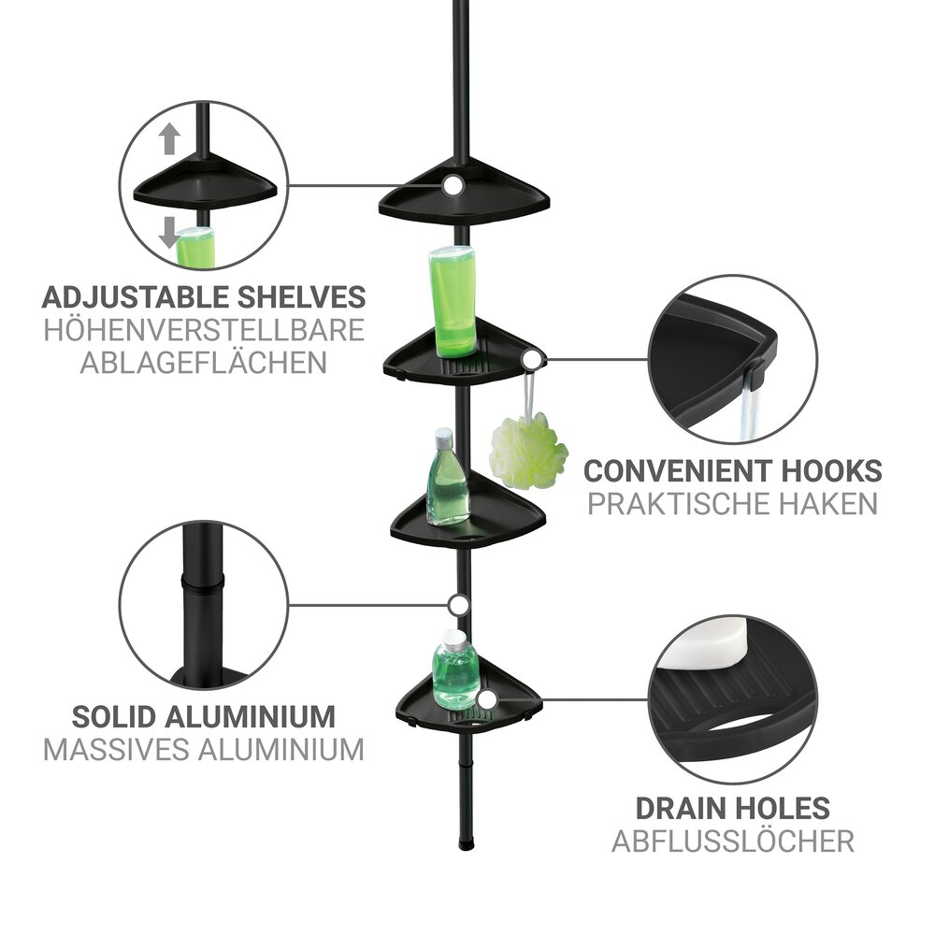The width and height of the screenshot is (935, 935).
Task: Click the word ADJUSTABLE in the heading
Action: pyautogui.click(x=136, y=297)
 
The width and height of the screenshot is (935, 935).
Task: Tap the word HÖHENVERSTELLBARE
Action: pyautogui.click(x=204, y=330)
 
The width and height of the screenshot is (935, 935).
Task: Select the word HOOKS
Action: pyautogui.click(x=830, y=471)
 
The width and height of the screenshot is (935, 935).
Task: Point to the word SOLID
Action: pyautogui.click(x=113, y=716)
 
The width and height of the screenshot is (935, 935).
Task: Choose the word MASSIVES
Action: pyautogui.click(x=116, y=750)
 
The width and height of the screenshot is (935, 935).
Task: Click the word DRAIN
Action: pyautogui.click(x=680, y=808)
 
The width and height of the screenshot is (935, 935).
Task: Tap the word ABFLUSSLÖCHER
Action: pyautogui.click(x=733, y=841)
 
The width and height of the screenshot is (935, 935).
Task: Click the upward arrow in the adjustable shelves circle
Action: pyautogui.click(x=169, y=138)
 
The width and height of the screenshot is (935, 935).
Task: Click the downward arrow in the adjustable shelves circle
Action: pyautogui.click(x=169, y=233)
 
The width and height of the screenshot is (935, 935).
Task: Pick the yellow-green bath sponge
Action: pyautogui.click(x=527, y=451)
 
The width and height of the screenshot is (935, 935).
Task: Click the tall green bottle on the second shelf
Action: pyautogui.click(x=453, y=302)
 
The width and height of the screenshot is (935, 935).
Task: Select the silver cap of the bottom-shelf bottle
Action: pyautogui.click(x=454, y=640)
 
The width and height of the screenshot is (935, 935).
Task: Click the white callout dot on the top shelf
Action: pyautogui.click(x=453, y=185)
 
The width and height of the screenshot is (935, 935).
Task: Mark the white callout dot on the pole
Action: pyautogui.click(x=458, y=605)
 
